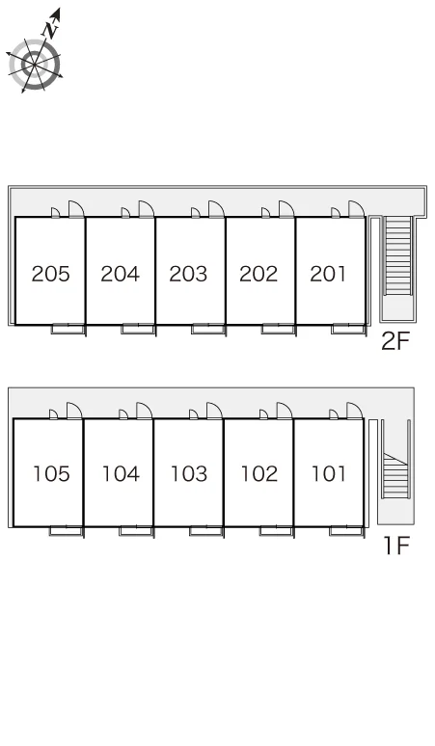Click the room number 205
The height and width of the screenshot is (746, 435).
pyautogui.click(x=50, y=274)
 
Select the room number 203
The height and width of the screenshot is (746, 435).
pyautogui.click(x=188, y=274)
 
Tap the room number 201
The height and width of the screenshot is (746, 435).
pyautogui.click(x=327, y=274)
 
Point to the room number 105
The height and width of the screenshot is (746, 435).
pyautogui.click(x=51, y=474)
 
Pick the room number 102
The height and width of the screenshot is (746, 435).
pyautogui.click(x=258, y=474)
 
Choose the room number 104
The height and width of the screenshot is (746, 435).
pyautogui.click(x=121, y=474)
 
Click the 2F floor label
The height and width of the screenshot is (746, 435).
pyautogui.click(x=395, y=340)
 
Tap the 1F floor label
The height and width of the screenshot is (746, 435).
pyautogui.click(x=397, y=546)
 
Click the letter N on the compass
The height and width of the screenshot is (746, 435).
pyautogui.click(x=50, y=30)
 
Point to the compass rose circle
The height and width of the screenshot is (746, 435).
pyautogui.click(x=35, y=65)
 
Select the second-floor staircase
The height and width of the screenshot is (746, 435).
pyautogui.click(x=397, y=255)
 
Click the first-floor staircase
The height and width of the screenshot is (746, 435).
pyautogui.click(x=395, y=475)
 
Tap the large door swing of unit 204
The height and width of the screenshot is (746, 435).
pyautogui.click(x=146, y=209)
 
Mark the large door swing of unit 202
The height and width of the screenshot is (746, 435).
pyautogui.click(x=285, y=209)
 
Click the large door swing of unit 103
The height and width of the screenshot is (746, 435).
pyautogui.click(x=214, y=411)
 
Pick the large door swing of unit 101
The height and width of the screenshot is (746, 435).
pyautogui.click(x=354, y=411)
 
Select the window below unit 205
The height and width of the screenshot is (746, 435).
pyautogui.click(x=68, y=329)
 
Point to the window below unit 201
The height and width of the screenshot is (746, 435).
pyautogui.click(x=348, y=329)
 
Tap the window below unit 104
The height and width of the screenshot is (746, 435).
pyautogui.click(x=136, y=530)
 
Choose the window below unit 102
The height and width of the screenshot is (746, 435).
pyautogui.click(x=276, y=530)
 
